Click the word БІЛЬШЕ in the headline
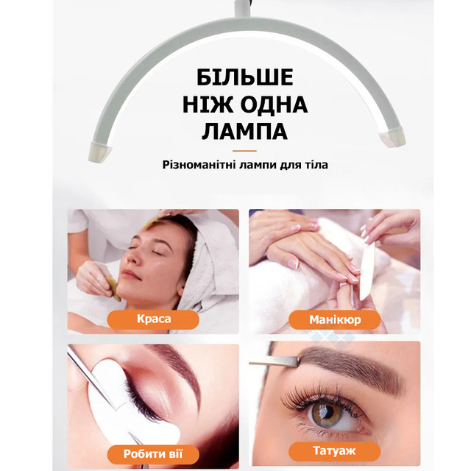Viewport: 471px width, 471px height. coord(245,77)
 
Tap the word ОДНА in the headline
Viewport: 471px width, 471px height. coord(275,105)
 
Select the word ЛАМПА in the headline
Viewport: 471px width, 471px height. coord(245,132)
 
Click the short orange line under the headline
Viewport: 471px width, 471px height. coord(244,151)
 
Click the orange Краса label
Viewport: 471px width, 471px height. coord(153,319)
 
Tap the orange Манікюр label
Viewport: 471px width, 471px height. coord(335,319)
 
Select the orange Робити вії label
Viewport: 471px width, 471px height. coord(153,454)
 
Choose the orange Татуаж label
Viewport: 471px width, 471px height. coord(334,450)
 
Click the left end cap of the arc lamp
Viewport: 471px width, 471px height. coord(99,152)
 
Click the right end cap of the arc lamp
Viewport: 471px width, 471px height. coord(392,137)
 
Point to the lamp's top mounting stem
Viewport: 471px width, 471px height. coord(243,7)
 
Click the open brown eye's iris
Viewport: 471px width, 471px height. coord(325,414)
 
